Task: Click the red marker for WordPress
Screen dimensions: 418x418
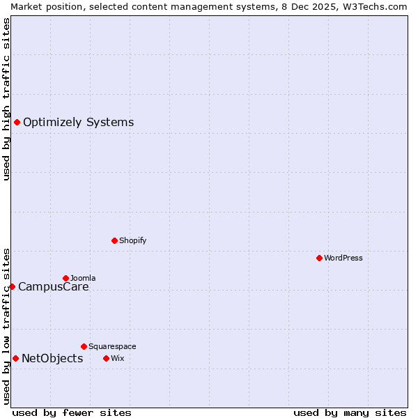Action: [319, 258]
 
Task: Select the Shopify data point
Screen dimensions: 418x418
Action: [114, 240]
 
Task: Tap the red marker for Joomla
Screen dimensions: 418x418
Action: [65, 278]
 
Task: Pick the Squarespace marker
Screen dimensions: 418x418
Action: [84, 346]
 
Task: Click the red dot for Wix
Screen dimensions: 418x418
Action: [106, 358]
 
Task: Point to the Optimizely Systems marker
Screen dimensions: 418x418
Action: [17, 123]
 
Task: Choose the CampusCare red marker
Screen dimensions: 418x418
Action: [12, 286]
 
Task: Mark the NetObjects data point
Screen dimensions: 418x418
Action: [15, 358]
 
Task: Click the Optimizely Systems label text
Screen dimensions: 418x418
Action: [78, 123]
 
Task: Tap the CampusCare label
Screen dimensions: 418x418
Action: [53, 286]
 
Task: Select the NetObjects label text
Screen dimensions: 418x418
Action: [52, 359]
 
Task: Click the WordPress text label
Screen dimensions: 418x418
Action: [343, 258]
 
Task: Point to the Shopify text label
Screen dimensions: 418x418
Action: [132, 240]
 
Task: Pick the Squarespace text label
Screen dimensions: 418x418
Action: [112, 346]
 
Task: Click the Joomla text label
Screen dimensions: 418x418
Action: [83, 278]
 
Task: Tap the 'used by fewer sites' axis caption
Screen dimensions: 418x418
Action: [72, 412]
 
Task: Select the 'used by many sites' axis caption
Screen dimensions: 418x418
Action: [350, 412]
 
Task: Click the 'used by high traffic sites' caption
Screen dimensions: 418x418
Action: [6, 99]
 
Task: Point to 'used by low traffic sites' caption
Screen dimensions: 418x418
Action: [6, 325]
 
